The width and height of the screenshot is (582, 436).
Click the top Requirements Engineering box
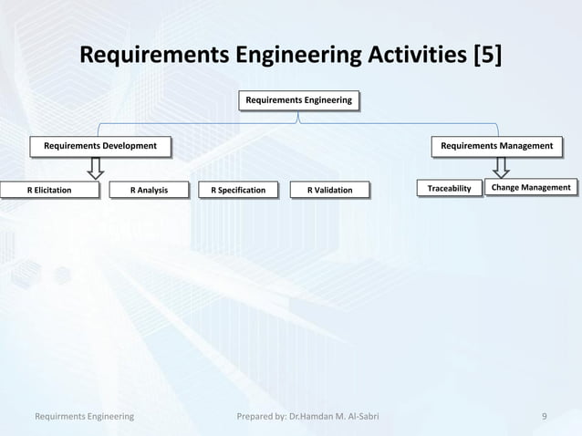click(297, 99)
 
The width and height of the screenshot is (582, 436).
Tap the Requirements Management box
click(497, 145)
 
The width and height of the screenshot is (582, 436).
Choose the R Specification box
click(238, 191)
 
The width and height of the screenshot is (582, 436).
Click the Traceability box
click(449, 189)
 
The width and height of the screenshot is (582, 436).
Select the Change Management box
click(531, 189)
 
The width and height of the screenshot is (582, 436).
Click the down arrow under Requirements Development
click(95, 167)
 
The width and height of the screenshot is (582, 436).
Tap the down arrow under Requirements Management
click(500, 167)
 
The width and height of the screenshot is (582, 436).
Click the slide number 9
click(544, 416)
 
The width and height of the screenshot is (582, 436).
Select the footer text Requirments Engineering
click(84, 416)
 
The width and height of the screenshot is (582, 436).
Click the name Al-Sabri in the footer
click(358, 416)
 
